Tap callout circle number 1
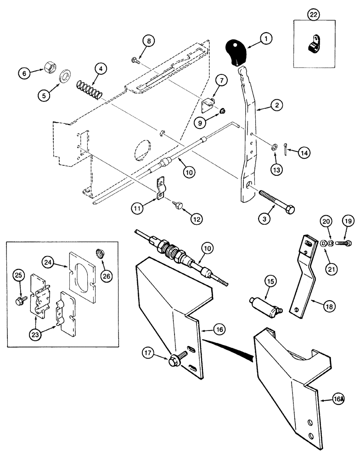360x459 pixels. (265, 40)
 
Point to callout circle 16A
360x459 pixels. (338, 400)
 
